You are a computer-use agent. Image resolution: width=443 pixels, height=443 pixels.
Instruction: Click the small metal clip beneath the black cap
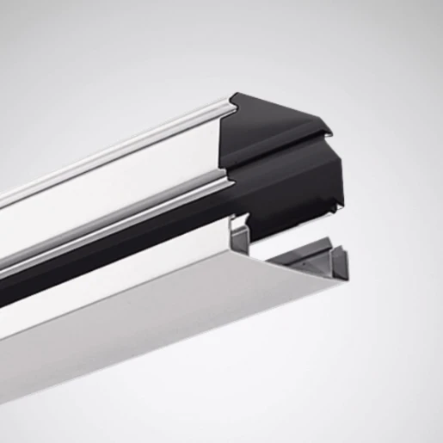pos(241,232)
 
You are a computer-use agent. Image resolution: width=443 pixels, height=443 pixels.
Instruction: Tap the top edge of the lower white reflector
pos(129,275)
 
